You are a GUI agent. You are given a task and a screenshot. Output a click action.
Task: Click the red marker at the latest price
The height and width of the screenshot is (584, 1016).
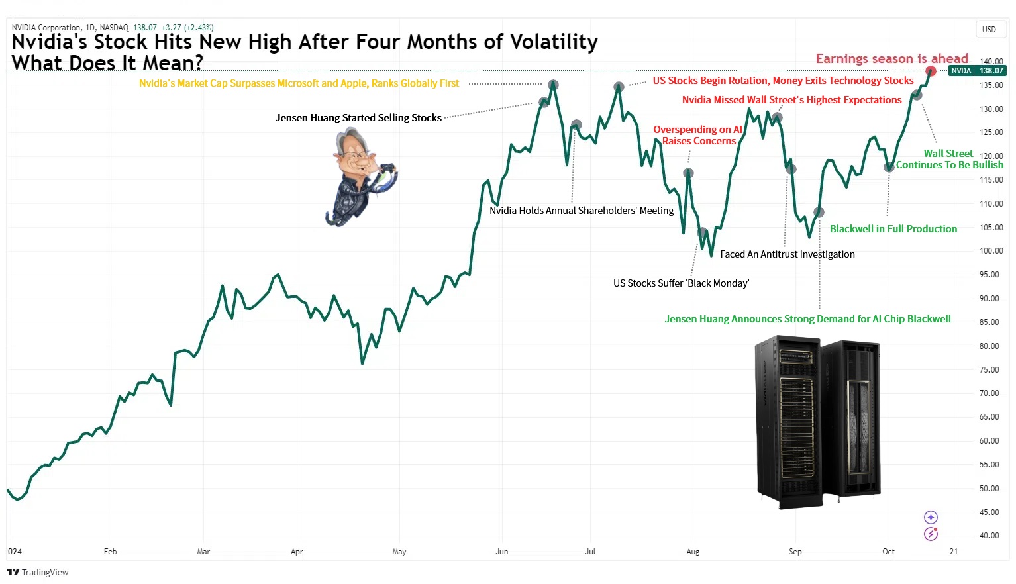[x=931, y=71]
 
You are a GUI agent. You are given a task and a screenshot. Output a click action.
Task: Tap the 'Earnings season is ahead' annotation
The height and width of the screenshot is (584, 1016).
[x=891, y=58]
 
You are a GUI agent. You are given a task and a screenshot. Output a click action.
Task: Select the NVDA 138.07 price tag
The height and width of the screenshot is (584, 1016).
[x=977, y=71]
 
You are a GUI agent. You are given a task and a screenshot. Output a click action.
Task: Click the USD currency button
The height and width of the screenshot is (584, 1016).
[x=989, y=30]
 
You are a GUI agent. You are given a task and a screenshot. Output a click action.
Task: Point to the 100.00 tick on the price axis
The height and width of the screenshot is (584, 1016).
[x=991, y=251]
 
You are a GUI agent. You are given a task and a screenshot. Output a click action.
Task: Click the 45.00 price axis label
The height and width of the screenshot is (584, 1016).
[x=991, y=512]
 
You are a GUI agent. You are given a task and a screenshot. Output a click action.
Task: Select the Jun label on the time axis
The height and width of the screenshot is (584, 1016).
[x=502, y=552]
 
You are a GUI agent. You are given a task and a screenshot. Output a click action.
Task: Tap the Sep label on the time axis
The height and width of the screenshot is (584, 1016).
[x=795, y=552]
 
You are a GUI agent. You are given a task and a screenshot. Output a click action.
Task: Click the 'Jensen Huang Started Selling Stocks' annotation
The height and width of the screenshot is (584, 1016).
[x=358, y=118]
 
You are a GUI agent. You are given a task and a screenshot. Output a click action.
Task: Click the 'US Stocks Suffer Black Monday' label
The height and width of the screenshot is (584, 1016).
[x=681, y=283]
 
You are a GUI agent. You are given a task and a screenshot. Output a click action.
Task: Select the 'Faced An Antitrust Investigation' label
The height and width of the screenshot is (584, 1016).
[x=787, y=254]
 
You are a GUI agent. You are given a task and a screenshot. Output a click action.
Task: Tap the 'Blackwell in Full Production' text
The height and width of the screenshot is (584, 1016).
[x=893, y=229]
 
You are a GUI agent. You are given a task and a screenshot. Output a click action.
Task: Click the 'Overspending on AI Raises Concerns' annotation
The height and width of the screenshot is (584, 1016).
[x=698, y=135]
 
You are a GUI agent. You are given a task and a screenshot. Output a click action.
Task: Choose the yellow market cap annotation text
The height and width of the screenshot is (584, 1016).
[x=299, y=83]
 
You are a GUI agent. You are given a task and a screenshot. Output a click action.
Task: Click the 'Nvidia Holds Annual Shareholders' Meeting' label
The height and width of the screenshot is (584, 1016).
[x=582, y=211]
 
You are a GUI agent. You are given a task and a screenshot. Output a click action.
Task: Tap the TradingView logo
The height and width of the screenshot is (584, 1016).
[x=38, y=572]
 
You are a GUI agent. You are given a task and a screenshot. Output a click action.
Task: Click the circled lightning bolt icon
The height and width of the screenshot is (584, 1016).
[x=931, y=534]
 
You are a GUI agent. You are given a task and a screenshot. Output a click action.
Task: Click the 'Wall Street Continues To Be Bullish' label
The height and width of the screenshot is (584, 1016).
[x=949, y=159]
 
